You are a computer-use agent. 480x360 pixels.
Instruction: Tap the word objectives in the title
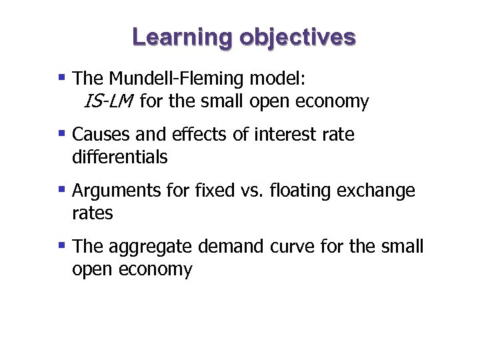(297, 37)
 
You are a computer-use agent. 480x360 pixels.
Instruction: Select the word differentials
(119, 157)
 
